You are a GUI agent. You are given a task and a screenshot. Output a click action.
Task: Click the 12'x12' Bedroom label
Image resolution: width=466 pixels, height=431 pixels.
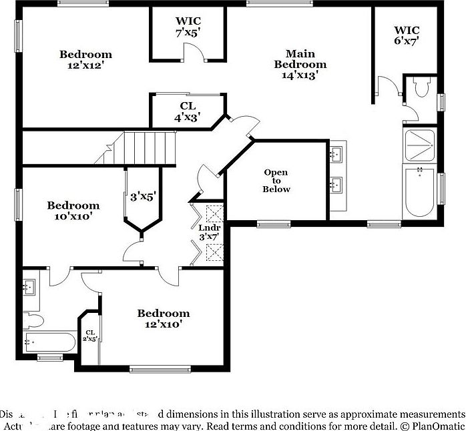pyautogui.click(x=85, y=60)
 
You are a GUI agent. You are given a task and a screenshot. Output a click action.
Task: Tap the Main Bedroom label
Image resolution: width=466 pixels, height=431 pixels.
pyautogui.click(x=300, y=64)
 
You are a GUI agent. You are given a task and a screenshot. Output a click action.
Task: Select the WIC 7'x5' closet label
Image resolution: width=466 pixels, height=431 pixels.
pyautogui.click(x=188, y=27)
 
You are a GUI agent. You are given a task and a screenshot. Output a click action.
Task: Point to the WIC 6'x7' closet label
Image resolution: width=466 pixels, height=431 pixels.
pyautogui.click(x=406, y=35)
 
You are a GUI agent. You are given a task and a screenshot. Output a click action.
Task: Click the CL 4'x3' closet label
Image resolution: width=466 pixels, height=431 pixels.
pyautogui.click(x=188, y=111)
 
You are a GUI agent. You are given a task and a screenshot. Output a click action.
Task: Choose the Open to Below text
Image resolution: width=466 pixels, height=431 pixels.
pyautogui.click(x=276, y=181)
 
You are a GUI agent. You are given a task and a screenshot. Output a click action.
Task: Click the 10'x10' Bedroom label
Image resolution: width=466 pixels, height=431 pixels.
pyautogui.click(x=73, y=211)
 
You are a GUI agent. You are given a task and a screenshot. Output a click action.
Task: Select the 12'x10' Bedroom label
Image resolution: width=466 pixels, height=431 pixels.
pyautogui.click(x=164, y=318)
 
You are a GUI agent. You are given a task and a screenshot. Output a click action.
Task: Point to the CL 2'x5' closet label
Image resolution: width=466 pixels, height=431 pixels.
pyautogui.click(x=89, y=336)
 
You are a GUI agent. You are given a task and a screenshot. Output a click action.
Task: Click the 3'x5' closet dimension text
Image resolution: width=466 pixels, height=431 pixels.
pyautogui.click(x=142, y=197)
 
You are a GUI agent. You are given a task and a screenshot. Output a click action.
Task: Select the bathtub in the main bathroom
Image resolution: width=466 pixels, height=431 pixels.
pyautogui.click(x=419, y=191)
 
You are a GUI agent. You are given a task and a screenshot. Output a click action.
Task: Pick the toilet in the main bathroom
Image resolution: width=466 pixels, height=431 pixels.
pyautogui.click(x=421, y=89)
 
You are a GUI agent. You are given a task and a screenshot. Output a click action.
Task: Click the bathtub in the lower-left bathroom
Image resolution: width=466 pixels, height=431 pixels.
pyautogui.click(x=49, y=343)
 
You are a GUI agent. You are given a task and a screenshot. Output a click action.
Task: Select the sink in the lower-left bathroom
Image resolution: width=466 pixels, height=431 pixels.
pyautogui.click(x=29, y=288)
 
